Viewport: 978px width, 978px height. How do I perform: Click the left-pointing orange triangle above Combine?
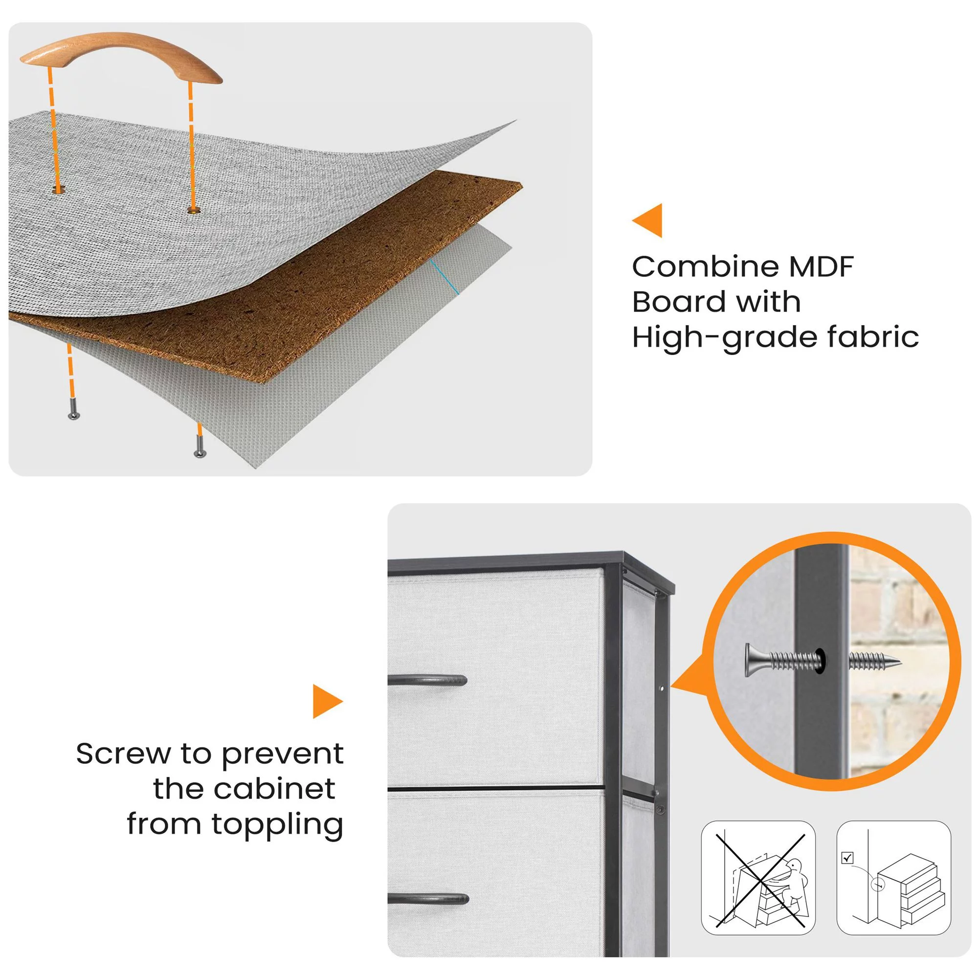pos(647,220)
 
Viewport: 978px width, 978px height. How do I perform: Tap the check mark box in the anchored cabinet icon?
pos(847,858)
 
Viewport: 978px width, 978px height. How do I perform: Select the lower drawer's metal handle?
pos(429,900)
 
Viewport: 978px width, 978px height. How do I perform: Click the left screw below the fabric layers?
pos(73,408)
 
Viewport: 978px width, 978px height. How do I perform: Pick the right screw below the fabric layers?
pos(200,447)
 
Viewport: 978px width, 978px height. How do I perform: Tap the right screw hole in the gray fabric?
pos(192,210)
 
